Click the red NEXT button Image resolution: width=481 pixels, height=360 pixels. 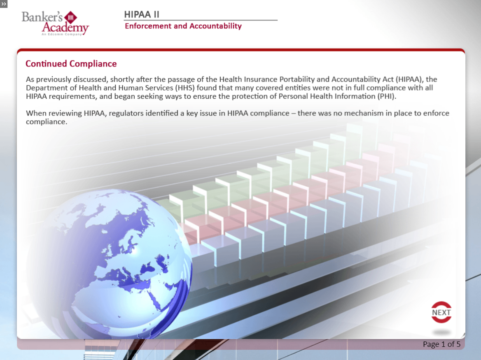point(441,312)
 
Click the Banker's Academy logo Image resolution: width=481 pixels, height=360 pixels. point(55,23)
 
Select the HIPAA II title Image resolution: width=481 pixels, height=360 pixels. point(141,14)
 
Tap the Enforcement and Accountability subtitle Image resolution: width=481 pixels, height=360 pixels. point(183,26)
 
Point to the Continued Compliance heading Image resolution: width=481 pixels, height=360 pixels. point(71,64)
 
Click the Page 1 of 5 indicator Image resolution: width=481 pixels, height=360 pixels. point(441,344)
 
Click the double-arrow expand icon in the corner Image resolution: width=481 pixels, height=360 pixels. point(4,4)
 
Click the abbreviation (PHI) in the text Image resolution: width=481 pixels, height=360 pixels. point(386,96)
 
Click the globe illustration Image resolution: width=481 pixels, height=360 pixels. point(109,263)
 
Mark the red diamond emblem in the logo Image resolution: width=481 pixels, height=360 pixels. point(70,17)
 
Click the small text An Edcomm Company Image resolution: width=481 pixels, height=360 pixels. point(62,34)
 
